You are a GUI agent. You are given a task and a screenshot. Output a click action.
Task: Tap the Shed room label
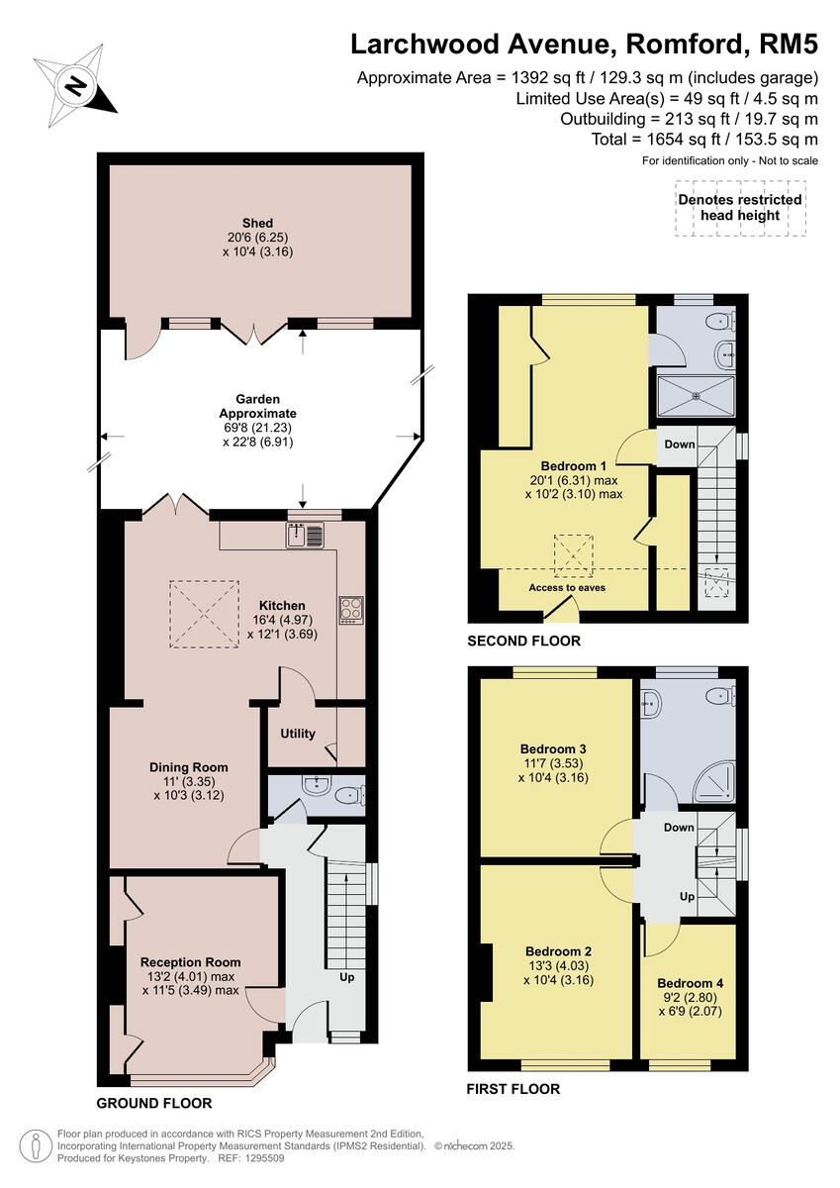coord(257,223)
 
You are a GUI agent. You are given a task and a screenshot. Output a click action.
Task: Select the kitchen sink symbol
coord(306,536)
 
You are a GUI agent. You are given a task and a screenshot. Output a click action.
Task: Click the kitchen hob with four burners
coord(351,608)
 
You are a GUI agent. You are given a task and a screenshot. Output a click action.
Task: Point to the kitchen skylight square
coord(204,613)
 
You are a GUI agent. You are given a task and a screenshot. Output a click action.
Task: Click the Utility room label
coord(298,734)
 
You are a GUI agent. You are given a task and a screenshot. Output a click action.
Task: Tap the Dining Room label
coord(188,767)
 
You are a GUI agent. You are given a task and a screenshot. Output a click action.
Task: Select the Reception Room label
coord(190,962)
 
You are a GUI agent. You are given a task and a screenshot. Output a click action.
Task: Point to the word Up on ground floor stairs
coord(347,977)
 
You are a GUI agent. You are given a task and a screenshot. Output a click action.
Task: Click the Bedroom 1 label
coord(573,465)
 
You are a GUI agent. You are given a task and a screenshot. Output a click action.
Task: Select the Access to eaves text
coord(567,587)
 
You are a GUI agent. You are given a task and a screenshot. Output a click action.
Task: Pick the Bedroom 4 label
coord(690,983)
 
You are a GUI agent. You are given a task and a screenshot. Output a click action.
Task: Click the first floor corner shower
coord(714,784)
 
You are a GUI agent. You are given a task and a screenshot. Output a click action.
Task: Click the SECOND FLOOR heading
coord(523,641)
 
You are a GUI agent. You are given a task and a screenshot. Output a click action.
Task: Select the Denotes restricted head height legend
coord(739,207)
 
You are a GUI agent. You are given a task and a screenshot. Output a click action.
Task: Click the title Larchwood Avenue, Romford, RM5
coord(586,45)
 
